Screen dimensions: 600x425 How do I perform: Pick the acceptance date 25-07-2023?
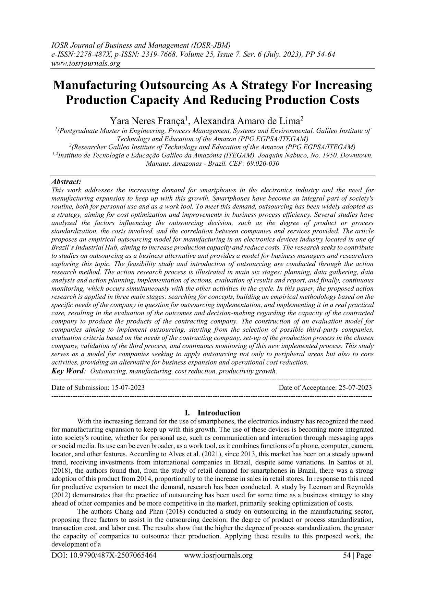pyautogui.click(x=355, y=388)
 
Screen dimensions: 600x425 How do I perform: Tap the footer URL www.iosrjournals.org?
pyautogui.click(x=218, y=556)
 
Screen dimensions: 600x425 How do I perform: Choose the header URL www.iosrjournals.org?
pyautogui.click(x=86, y=63)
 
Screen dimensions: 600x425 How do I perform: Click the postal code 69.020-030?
pyautogui.click(x=263, y=164)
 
